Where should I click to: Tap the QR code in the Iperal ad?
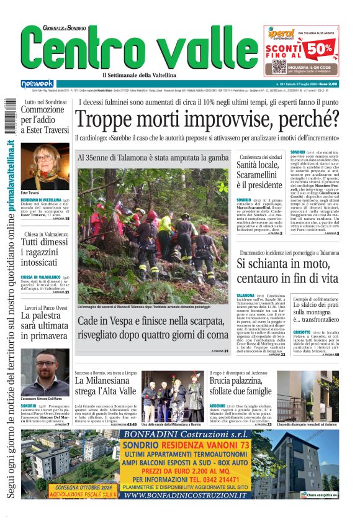pyautogui.click(x=279, y=66)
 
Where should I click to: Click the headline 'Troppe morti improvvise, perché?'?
pyautogui.click(x=207, y=119)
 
